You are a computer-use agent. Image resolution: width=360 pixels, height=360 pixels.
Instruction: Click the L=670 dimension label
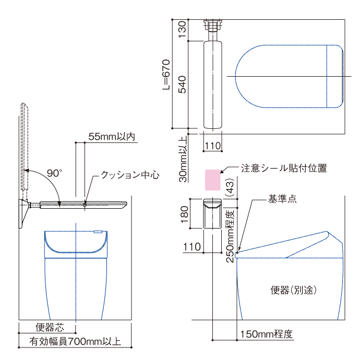coord(166,75)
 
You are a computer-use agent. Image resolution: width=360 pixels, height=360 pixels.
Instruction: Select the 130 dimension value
coord(182,30)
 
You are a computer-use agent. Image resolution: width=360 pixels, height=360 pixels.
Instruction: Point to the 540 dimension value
coord(182,85)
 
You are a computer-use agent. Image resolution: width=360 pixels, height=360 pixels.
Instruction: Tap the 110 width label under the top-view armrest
coord(212,146)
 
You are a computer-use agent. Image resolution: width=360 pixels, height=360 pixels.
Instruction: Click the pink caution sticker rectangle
coord(212,180)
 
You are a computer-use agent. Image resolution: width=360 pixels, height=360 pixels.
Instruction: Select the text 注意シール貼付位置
coord(284,168)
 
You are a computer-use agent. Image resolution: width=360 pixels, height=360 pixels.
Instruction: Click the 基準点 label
coord(282,199)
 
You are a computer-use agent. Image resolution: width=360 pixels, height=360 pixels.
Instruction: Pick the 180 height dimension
coord(184,214)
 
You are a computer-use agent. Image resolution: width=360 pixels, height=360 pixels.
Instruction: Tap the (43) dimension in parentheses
coord(230,187)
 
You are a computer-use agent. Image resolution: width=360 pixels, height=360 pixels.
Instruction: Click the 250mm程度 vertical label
coord(230,236)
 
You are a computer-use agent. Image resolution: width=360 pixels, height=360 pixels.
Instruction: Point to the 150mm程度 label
coord(266,334)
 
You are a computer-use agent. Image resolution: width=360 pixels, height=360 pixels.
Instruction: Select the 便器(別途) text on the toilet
coord(293,290)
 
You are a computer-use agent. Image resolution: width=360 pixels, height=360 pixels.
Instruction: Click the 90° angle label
coord(54,173)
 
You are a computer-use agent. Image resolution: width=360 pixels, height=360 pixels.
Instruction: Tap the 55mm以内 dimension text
coord(112,137)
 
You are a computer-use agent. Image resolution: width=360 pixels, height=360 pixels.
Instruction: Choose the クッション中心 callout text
coord(130,175)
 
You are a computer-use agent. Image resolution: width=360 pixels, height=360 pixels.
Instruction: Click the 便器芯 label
coord(50,328)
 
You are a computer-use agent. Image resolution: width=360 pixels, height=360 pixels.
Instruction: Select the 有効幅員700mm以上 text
coord(75,341)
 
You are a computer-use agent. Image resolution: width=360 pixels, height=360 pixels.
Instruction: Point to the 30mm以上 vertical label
coord(183,159)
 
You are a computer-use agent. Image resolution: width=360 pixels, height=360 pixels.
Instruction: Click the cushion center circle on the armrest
coord(85,205)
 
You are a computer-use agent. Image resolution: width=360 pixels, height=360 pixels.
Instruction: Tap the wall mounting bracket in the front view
coord(23,213)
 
